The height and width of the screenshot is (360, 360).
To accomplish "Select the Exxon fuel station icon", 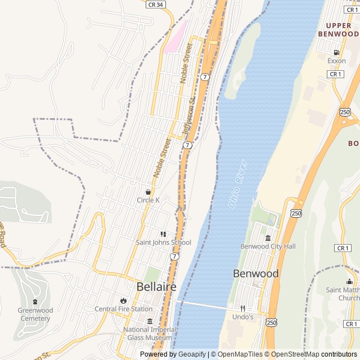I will (336, 53).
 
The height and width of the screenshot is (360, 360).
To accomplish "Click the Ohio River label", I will (238, 184).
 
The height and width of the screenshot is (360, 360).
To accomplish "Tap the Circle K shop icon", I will (148, 192).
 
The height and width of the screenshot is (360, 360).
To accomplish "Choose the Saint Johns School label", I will (163, 242).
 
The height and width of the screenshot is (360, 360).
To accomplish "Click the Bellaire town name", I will (156, 287).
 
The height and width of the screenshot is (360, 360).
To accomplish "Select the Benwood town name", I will (256, 273).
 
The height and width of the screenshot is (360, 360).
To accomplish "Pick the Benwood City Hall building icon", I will (268, 238).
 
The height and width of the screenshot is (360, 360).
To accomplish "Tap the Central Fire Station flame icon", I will (123, 300).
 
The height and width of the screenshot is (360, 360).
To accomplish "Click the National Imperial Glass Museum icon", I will (150, 321).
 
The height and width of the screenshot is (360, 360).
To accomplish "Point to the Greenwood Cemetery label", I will (35, 314).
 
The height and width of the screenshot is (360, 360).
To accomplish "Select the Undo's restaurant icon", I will (243, 308).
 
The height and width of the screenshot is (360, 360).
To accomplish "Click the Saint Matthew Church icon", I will (350, 282).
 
